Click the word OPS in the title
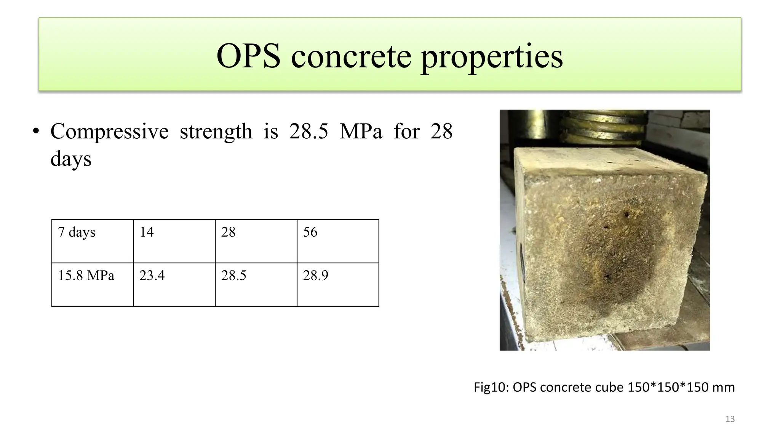248,56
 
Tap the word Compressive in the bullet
109,132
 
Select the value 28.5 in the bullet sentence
308,131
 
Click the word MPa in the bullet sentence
361,131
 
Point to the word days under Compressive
71,159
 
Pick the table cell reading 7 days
93,241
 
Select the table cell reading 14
174,241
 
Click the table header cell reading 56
337,241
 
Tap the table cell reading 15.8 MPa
93,284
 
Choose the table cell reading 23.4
174,284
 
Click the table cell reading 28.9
337,284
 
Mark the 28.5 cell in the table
256,284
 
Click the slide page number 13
730,419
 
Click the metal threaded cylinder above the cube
606,126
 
